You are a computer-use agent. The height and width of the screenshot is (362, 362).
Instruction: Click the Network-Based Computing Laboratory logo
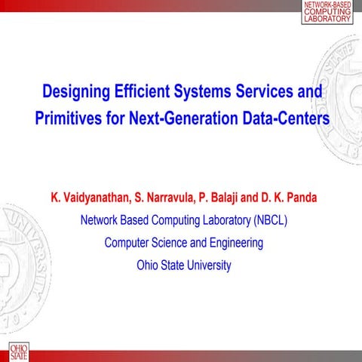(327, 12)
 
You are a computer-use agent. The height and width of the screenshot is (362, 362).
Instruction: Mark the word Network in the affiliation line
(100, 221)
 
